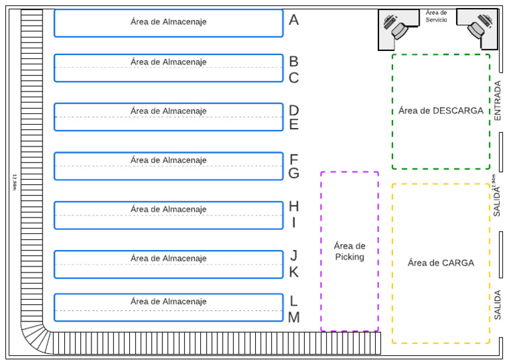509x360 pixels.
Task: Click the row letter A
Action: tap(294, 21)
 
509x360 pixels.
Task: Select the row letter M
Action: tap(294, 318)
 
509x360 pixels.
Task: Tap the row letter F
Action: tap(294, 160)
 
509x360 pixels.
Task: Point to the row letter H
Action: tap(294, 207)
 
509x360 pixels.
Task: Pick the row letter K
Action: tap(294, 272)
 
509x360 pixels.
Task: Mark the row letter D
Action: tap(294, 111)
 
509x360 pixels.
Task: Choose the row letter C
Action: tap(294, 78)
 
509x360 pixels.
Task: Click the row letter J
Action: tap(294, 256)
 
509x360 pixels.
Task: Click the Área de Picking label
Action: tap(349, 251)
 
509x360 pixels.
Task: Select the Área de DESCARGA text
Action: tap(441, 111)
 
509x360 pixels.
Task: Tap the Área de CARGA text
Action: tap(441, 263)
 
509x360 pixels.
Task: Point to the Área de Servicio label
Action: tap(436, 16)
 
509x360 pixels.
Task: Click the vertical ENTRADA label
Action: tap(498, 101)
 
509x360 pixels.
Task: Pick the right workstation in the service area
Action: tap(479, 27)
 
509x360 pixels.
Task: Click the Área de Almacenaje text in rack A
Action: tap(168, 22)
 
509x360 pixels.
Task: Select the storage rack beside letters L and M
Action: tap(168, 308)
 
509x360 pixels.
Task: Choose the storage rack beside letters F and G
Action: tap(168, 166)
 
